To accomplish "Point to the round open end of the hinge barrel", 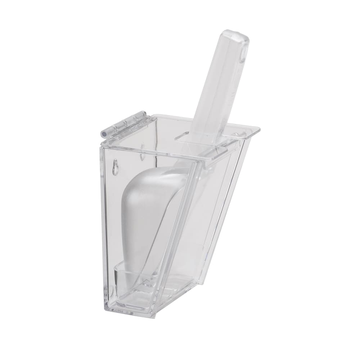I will pyautogui.click(x=104, y=133).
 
